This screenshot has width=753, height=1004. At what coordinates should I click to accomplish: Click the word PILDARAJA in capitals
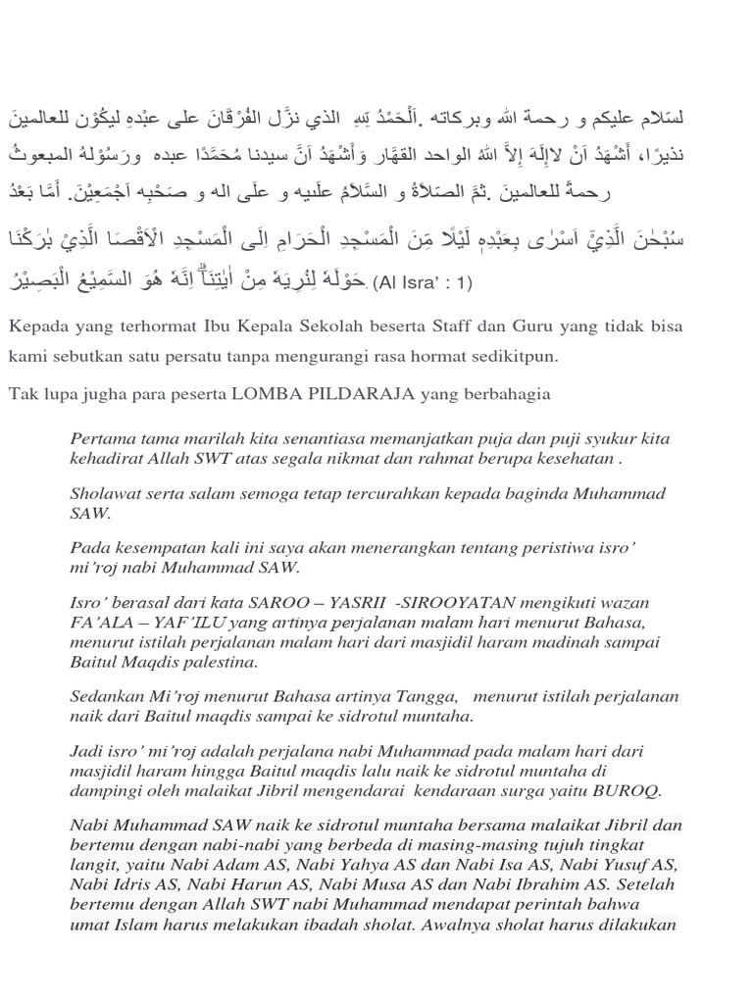pyautogui.click(x=355, y=394)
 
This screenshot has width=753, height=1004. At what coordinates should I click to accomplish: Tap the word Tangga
pyautogui.click(x=425, y=696)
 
